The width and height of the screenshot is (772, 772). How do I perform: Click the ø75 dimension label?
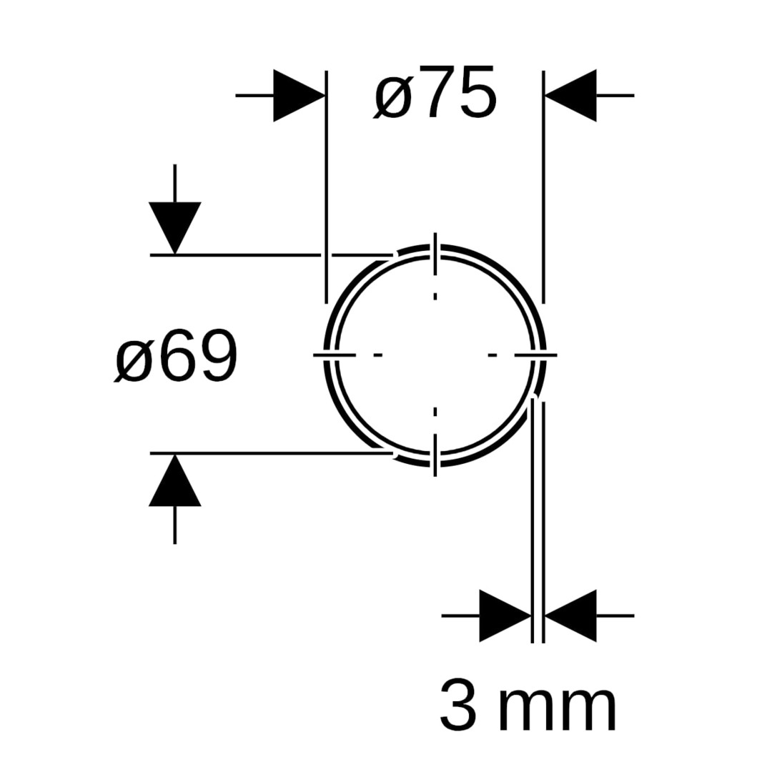coord(435,92)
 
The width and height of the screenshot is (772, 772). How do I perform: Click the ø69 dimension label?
coord(176,355)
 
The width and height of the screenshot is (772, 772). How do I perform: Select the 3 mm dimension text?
coord(528,704)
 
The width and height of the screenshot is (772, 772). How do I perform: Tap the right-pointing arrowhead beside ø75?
coord(300,96)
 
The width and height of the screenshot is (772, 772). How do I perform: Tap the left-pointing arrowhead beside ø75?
coord(570,96)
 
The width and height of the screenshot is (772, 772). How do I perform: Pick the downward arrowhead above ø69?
coord(175,228)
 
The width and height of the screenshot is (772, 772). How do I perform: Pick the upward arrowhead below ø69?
coord(175,480)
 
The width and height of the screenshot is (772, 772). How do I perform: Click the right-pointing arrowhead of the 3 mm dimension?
coord(505,615)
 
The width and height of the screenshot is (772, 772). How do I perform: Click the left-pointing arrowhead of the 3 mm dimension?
coord(570,615)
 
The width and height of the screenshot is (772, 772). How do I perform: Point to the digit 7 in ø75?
coord(435,92)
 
